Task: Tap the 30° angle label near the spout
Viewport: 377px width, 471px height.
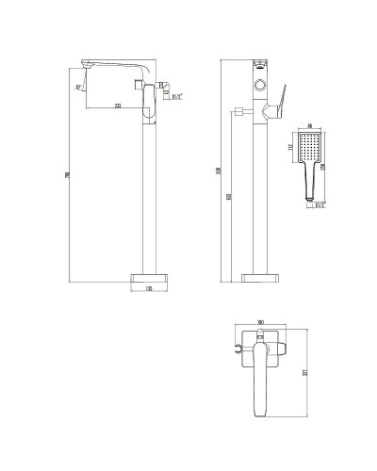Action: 76,88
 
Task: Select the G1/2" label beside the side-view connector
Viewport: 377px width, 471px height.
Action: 175,95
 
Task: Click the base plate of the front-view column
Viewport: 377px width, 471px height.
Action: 260,278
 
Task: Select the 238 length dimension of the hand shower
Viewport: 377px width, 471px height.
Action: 331,167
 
